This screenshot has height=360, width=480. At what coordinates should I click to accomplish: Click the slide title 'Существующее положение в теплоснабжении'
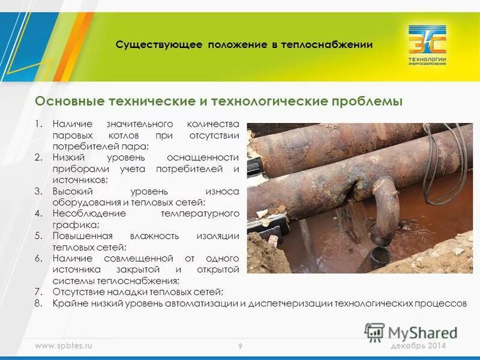pyautogui.click(x=244, y=44)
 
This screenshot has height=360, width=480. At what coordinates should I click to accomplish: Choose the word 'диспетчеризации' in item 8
pyautogui.click(x=287, y=304)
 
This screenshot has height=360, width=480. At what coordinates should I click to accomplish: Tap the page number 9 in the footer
pyautogui.click(x=239, y=347)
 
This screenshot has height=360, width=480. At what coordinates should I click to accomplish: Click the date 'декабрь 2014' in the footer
pyautogui.click(x=418, y=346)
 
